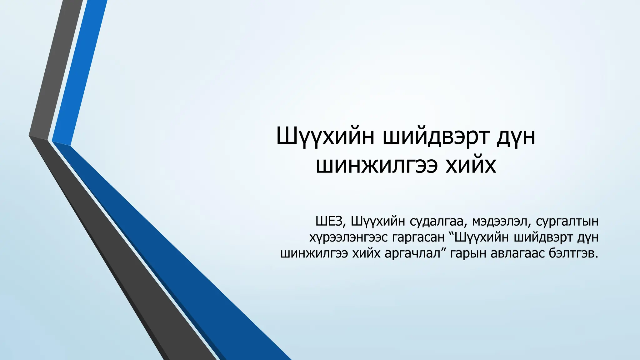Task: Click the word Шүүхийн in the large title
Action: pos(325,137)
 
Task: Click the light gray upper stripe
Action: pos(56,69)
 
